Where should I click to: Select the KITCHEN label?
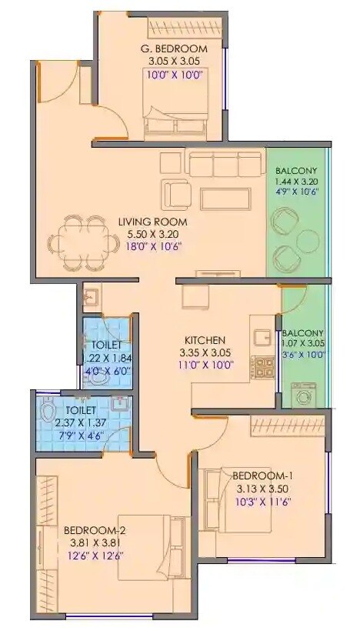point(204,339)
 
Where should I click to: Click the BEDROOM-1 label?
point(262,476)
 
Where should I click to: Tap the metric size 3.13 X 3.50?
point(262,489)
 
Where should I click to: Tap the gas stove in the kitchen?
point(265,368)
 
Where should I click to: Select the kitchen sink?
point(259,336)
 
